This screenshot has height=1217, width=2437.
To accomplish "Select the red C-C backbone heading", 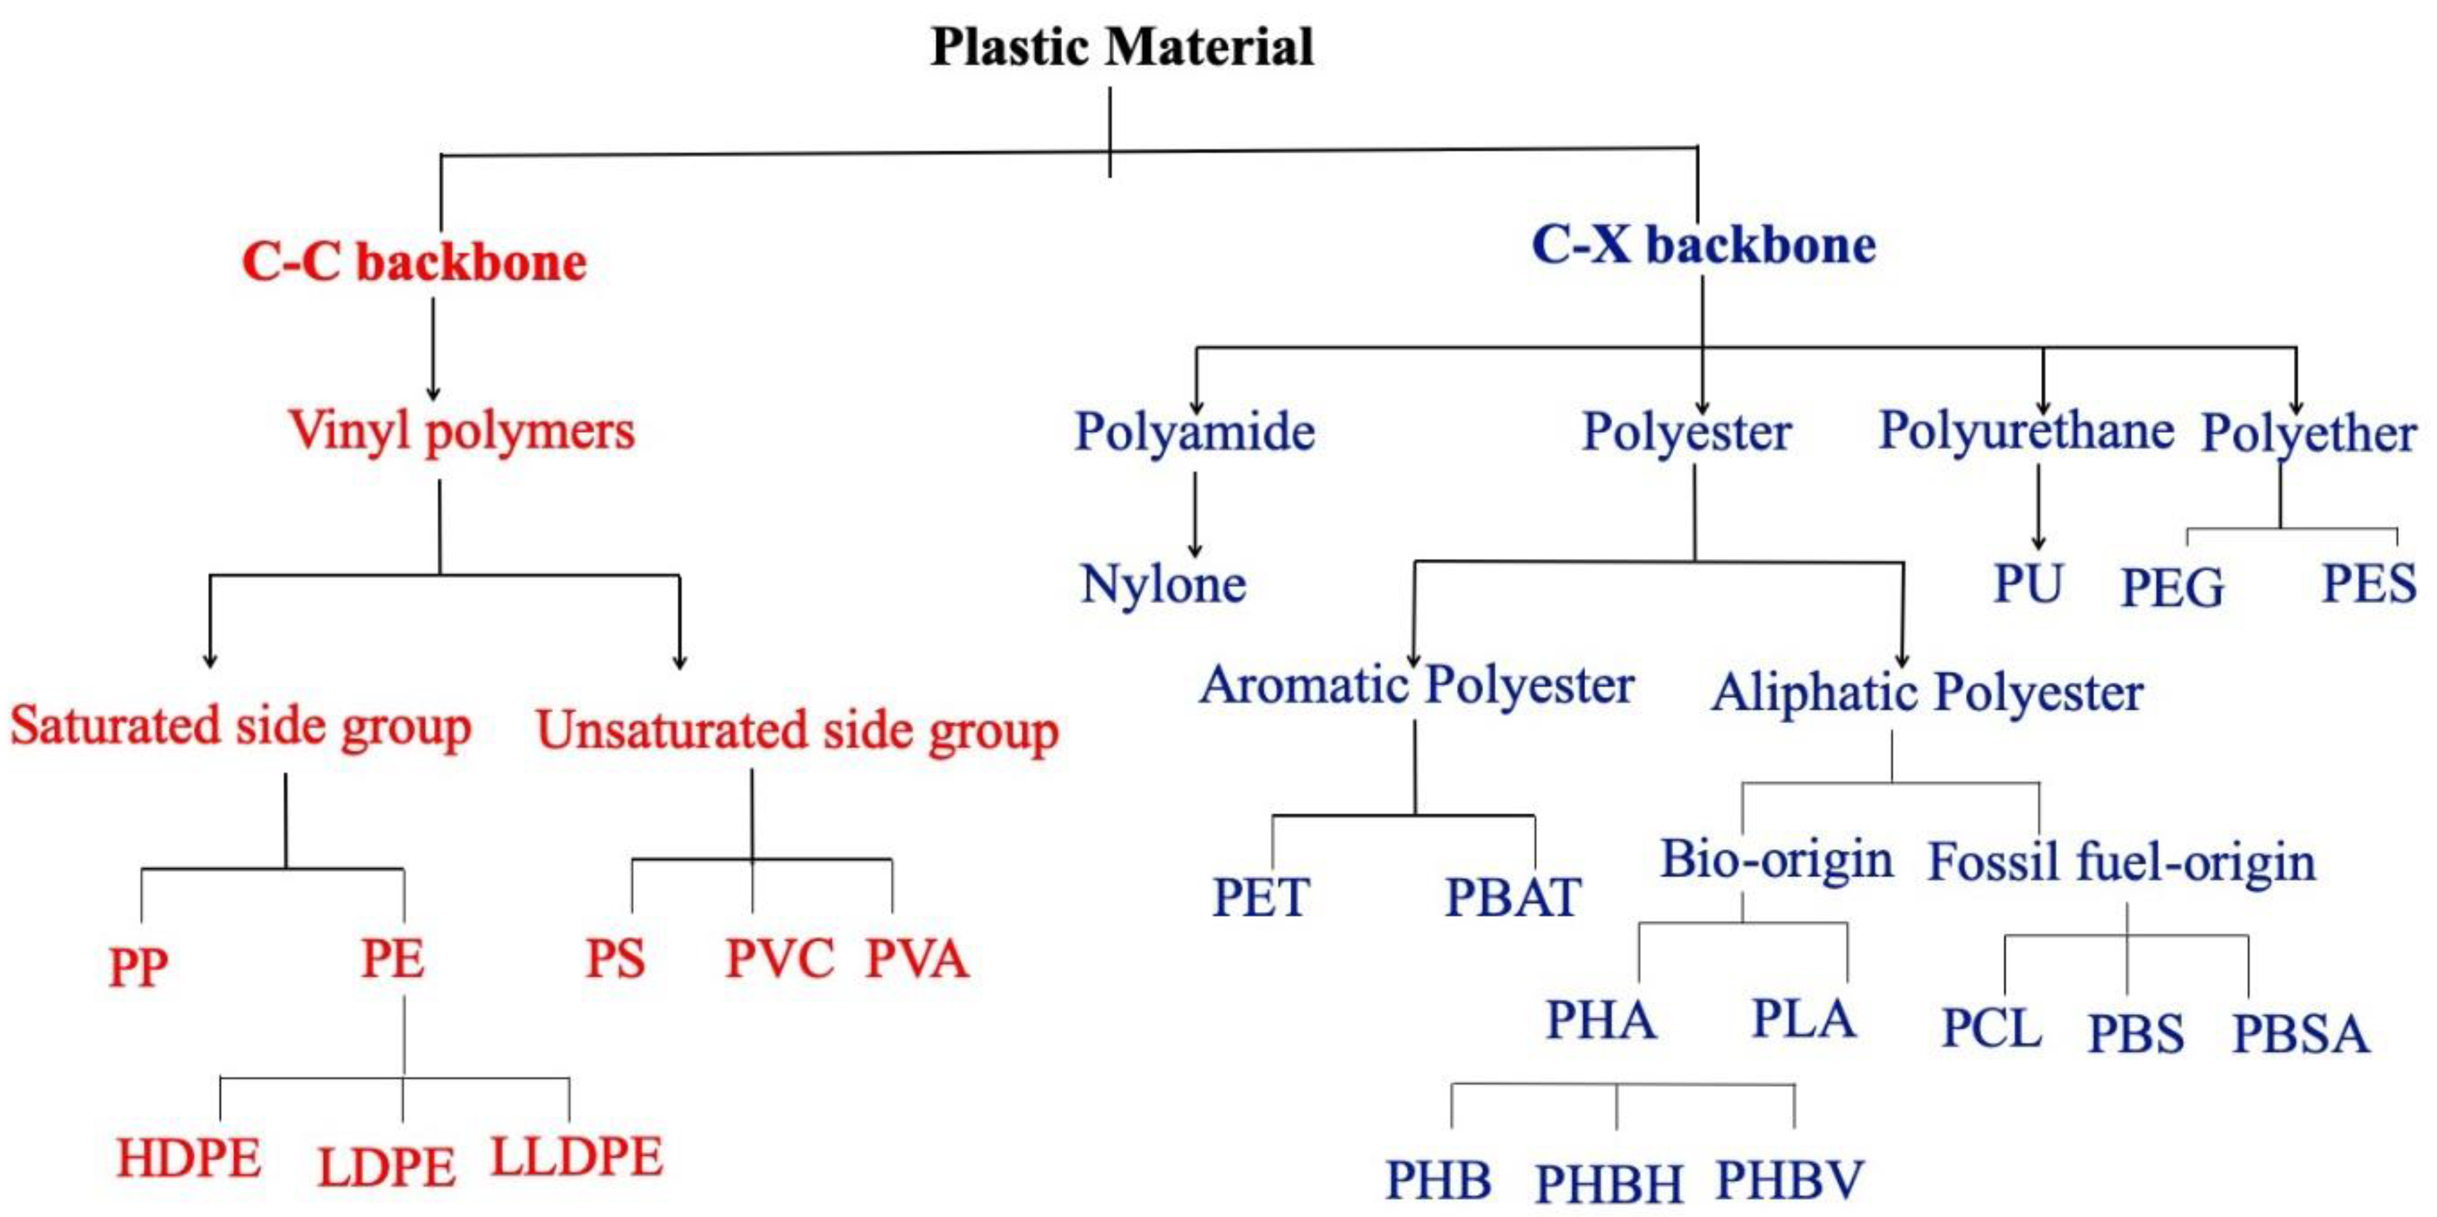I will coord(414,262).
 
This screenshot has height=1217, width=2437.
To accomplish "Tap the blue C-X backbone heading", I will coord(1703,246).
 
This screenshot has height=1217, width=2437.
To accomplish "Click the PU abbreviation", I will coord(2027,583).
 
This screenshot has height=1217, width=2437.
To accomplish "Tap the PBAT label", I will coord(1511,897).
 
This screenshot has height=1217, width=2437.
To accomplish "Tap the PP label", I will coord(138,966).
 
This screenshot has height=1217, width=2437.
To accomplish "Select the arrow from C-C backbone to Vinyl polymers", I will coord(434,350).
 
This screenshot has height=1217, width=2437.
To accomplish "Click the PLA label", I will coord(1803,1019).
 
